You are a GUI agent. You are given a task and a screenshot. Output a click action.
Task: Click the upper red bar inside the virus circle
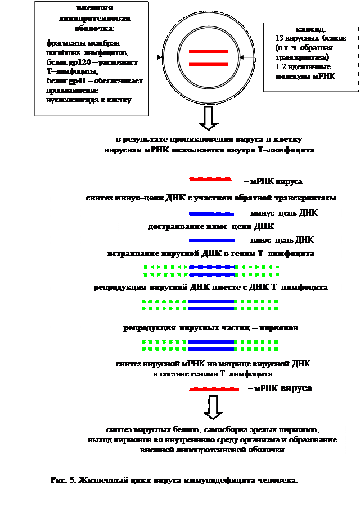tap(208, 51)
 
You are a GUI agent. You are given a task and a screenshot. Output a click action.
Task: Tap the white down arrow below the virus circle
tap(208, 118)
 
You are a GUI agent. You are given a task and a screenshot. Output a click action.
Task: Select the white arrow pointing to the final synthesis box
tap(213, 407)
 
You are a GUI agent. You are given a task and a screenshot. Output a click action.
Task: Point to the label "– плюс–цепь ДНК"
tap(277, 240)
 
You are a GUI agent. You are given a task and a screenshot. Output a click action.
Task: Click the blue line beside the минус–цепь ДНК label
tap(211, 214)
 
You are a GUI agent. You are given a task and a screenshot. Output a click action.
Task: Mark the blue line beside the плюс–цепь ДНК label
tap(211, 240)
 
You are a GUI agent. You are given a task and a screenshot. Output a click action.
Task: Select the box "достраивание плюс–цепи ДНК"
tap(211, 227)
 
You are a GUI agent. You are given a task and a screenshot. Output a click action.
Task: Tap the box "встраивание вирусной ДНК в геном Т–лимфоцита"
tap(211, 254)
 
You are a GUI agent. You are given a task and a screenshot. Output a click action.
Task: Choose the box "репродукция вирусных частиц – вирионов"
tap(211, 327)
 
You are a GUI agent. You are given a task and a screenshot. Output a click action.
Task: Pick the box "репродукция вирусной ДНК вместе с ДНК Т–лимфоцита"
tap(211, 288)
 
